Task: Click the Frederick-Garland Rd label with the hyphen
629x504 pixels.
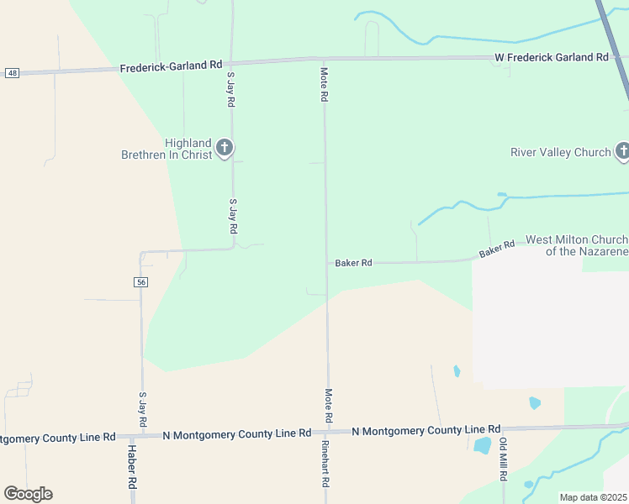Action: [x=171, y=66]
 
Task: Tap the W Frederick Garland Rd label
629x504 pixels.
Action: [x=550, y=57]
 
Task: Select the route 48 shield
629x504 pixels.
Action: [x=11, y=73]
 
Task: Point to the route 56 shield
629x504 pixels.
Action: [x=140, y=282]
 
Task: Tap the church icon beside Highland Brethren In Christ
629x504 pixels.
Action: [x=224, y=149]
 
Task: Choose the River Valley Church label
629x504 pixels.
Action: [x=561, y=152]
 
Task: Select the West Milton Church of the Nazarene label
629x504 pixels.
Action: [x=577, y=245]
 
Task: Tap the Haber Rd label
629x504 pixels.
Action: [x=132, y=467]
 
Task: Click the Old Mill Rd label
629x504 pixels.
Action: [x=503, y=459]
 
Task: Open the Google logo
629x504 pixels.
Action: [x=28, y=494]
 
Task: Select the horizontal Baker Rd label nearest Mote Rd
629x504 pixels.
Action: [x=353, y=263]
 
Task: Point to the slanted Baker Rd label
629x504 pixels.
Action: [x=497, y=249]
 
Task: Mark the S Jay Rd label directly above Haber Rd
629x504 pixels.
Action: [x=142, y=408]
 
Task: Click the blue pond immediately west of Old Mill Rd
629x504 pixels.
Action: [x=483, y=445]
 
